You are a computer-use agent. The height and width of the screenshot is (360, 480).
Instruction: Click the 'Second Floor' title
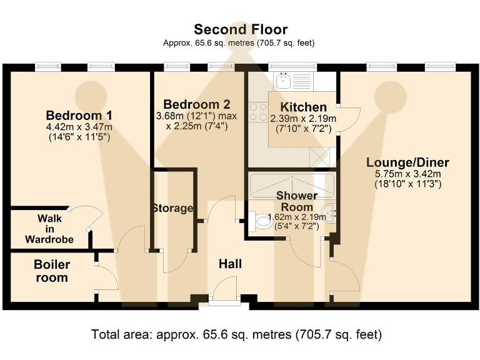(241, 29)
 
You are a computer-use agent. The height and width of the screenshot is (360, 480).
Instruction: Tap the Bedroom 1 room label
(79, 116)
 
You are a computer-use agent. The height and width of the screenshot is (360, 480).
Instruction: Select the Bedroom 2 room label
(196, 104)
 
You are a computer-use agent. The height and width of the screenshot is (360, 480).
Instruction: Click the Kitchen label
(303, 107)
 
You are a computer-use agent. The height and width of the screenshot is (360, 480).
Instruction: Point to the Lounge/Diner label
(407, 162)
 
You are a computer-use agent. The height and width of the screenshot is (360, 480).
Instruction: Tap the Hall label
(230, 264)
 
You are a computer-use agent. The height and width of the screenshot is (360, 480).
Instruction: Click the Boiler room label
(52, 271)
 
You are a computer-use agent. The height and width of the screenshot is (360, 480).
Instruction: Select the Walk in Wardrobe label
(49, 229)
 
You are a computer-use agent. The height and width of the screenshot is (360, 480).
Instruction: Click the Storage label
(173, 208)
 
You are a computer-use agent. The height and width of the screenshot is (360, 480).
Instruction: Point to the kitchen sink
(284, 81)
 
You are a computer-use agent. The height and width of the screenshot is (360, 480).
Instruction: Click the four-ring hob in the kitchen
(257, 112)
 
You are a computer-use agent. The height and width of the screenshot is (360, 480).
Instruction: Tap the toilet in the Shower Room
(261, 221)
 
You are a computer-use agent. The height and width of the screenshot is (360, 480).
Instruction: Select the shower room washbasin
(329, 213)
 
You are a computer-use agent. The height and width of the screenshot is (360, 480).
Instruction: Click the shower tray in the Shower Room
(292, 186)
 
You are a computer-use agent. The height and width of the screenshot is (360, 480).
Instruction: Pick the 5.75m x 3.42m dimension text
(407, 174)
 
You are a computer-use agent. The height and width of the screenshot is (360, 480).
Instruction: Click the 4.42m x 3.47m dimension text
(79, 127)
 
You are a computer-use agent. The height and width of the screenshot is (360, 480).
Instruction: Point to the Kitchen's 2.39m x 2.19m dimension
(303, 119)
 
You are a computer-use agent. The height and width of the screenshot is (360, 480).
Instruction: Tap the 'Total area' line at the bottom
(237, 334)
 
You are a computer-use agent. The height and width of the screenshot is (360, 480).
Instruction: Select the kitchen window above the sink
(292, 66)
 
